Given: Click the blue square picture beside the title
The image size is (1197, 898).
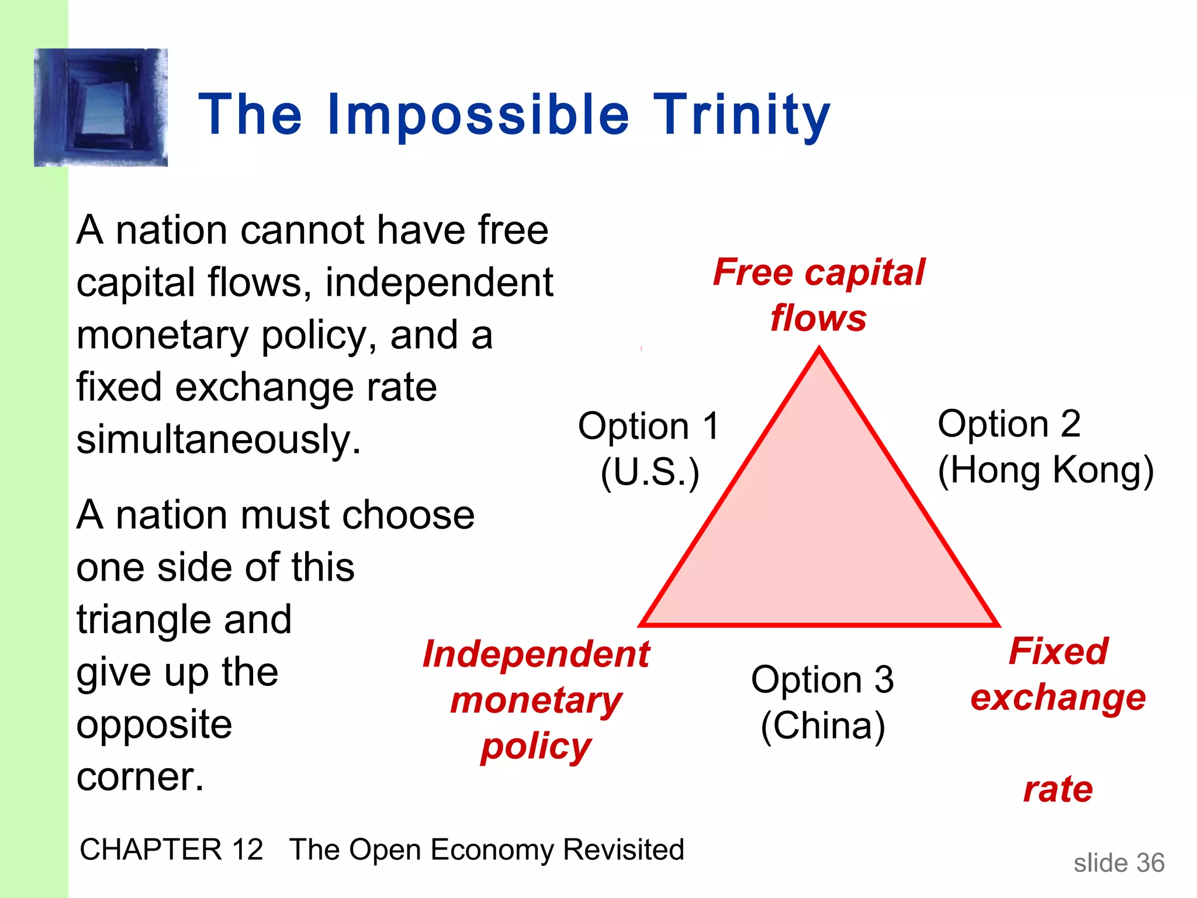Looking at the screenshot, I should pyautogui.click(x=101, y=108).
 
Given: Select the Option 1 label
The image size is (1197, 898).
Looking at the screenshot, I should pyautogui.click(x=648, y=426).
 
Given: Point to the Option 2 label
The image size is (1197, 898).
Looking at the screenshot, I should pyautogui.click(x=1009, y=423).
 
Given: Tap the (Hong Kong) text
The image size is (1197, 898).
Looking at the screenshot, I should pyautogui.click(x=1045, y=470).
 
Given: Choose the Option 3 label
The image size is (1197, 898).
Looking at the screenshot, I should pyautogui.click(x=822, y=679).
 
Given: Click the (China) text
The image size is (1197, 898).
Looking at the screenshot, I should pyautogui.click(x=822, y=726).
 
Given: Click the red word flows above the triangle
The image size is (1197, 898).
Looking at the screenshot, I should pyautogui.click(x=818, y=319).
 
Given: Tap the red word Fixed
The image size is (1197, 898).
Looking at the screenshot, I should pyautogui.click(x=1058, y=651).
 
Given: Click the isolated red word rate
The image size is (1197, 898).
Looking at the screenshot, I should pyautogui.click(x=1058, y=789).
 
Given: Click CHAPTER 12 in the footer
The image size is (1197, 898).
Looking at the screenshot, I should pyautogui.click(x=171, y=849).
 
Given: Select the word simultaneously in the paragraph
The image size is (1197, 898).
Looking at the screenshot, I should pyautogui.click(x=219, y=440).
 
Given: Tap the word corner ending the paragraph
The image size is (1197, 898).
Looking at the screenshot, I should pyautogui.click(x=140, y=778).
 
